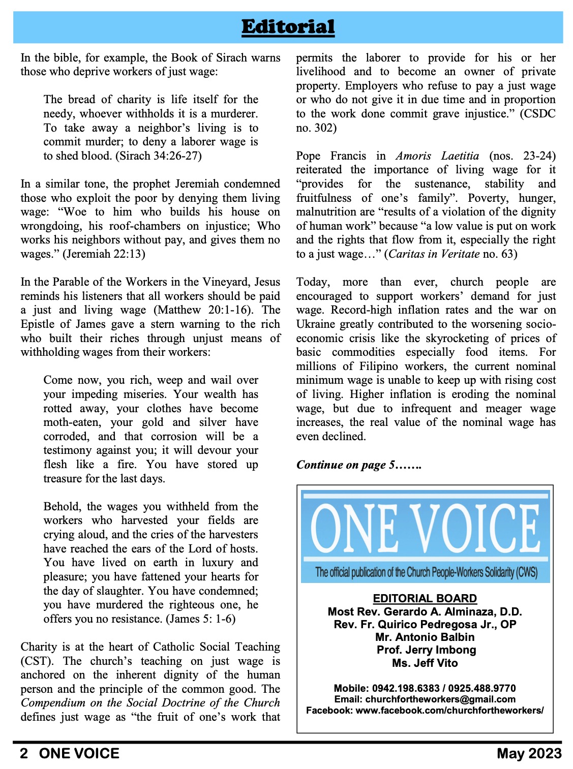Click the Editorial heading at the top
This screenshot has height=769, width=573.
pyautogui.click(x=288, y=27)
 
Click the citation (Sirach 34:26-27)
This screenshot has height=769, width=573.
pyautogui.click(x=159, y=156)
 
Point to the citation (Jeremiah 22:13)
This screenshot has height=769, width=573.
pyautogui.click(x=104, y=254)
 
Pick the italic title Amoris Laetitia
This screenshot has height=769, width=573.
pyautogui.click(x=437, y=156)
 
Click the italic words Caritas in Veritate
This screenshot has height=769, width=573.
pyautogui.click(x=435, y=254)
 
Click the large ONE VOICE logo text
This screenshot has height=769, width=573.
pyautogui.click(x=425, y=529)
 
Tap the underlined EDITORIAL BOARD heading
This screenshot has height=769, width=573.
pyautogui.click(x=425, y=599)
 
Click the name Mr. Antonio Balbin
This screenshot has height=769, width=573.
pyautogui.click(x=425, y=637)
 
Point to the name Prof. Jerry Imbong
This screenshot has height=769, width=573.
pyautogui.click(x=426, y=650)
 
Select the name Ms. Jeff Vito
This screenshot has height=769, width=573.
pyautogui.click(x=425, y=663)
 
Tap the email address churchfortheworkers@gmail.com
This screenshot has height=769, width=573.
pyautogui.click(x=440, y=699)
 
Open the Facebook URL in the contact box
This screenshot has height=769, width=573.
pyautogui.click(x=449, y=711)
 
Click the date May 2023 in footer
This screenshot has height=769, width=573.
pyautogui.click(x=529, y=753)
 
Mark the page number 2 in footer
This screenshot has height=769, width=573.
pyautogui.click(x=24, y=753)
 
